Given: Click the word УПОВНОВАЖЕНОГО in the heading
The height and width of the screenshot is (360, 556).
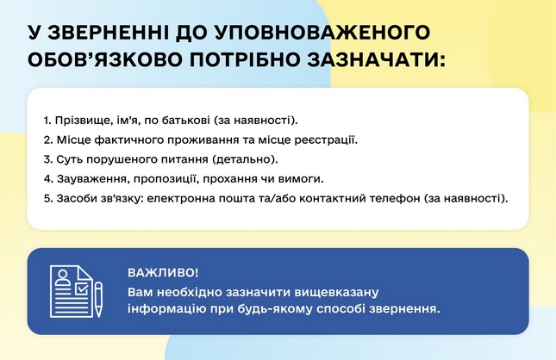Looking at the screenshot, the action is click(322, 33).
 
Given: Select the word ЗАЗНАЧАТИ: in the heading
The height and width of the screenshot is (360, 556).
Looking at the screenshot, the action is click(376, 60).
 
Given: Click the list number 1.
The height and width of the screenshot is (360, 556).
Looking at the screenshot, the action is click(47, 121).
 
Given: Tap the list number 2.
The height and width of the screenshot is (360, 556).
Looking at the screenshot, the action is click(48, 140).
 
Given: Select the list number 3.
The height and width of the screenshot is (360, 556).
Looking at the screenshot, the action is click(48, 159).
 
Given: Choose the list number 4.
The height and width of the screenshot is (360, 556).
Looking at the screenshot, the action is click(48, 179).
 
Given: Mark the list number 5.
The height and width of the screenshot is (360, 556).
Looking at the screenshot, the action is click(48, 198).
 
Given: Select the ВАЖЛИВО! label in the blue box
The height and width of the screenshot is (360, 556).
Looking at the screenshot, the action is click(163, 273).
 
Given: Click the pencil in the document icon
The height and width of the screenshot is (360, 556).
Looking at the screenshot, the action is click(98, 300).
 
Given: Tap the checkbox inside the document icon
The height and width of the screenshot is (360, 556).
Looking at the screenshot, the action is click(81, 289).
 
